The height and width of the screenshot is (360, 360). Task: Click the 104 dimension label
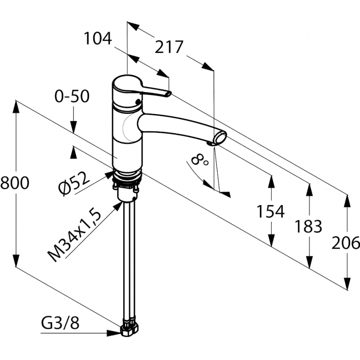(98, 38)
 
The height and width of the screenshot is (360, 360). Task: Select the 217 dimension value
(169, 47)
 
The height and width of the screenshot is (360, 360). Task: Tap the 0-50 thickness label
(72, 96)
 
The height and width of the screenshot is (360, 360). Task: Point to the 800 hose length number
(15, 183)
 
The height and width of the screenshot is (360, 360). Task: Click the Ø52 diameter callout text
(73, 184)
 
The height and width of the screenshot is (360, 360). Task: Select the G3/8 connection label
(60, 323)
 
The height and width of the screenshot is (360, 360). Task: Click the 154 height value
(270, 211)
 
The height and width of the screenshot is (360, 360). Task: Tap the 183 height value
(308, 226)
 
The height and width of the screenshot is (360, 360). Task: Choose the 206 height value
(346, 243)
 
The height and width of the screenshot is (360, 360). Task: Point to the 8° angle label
(199, 160)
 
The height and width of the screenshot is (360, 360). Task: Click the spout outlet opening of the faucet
(220, 139)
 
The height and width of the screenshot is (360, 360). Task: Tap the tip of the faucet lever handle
(169, 94)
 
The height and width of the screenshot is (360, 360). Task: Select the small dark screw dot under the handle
(138, 102)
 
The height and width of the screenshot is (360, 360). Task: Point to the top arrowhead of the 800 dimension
(16, 107)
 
